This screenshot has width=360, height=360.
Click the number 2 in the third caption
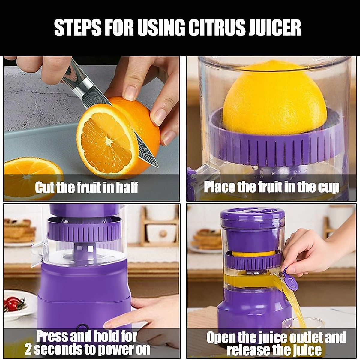[29, 349]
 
